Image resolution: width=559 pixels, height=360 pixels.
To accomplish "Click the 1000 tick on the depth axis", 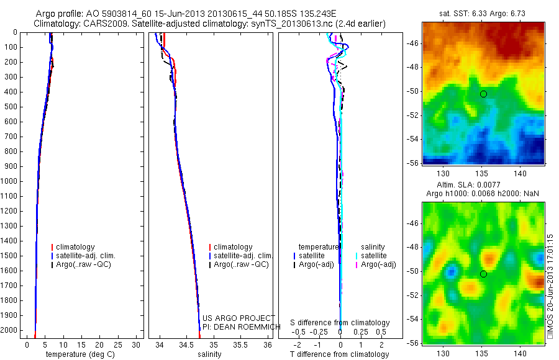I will tap(9, 181).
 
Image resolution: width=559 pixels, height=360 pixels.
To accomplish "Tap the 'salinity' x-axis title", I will tap(209, 354).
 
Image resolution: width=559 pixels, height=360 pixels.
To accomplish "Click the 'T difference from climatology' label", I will tap(339, 354).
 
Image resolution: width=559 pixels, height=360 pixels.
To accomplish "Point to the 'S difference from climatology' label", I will tap(340, 323).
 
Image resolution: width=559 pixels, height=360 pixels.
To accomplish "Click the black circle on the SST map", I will tap(483, 94).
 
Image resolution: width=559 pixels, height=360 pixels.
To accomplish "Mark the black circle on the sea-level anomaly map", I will tap(483, 274).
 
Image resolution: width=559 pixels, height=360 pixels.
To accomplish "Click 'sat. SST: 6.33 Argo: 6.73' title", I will tap(482, 14).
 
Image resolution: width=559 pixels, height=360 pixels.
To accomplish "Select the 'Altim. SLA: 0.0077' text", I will tap(482, 186).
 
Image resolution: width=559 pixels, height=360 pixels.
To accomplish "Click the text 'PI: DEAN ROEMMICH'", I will tap(237, 326).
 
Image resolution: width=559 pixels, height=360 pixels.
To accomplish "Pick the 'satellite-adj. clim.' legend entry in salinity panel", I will tap(243, 256).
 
